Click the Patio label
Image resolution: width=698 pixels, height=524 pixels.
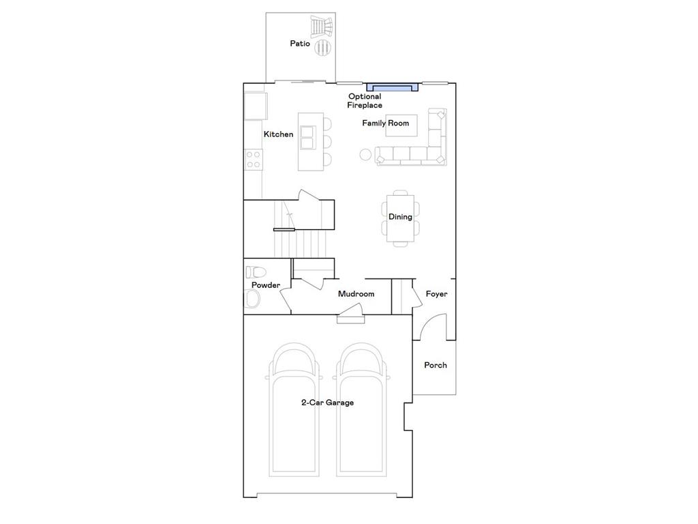point(300,44)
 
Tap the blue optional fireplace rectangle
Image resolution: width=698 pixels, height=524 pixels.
point(392,87)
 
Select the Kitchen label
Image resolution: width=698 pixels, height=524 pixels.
point(278,134)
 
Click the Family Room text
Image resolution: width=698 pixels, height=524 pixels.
point(385,123)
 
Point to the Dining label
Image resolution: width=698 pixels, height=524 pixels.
point(400,217)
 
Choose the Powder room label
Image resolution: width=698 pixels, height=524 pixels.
point(265,285)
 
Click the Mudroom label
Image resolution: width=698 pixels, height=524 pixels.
point(356,294)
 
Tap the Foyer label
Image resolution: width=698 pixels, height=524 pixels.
point(436,294)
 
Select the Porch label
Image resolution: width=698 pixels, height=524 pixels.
point(436,365)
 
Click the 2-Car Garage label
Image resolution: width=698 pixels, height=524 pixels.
point(327,403)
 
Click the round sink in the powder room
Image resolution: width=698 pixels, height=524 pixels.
point(252,299)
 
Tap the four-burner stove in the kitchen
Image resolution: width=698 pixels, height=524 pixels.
point(253,160)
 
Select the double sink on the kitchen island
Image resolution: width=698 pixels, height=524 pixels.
point(308,137)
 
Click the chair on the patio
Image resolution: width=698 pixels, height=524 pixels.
point(321,27)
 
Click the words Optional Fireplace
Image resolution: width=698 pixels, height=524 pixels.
point(365,101)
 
